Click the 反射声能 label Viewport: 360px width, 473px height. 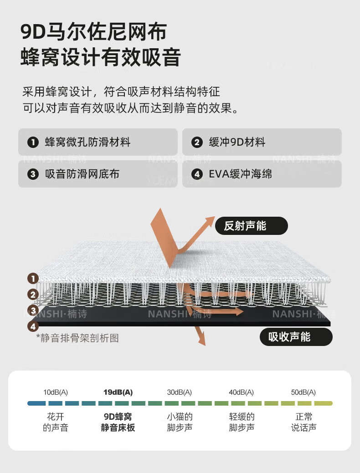(245, 226)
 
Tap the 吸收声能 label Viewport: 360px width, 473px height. (289, 337)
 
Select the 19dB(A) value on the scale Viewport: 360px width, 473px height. (118, 392)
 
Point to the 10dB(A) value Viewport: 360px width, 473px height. (56, 392)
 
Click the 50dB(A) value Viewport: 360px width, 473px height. (303, 392)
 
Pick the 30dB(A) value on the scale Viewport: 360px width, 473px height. (180, 392)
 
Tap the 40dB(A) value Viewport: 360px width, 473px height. (242, 392)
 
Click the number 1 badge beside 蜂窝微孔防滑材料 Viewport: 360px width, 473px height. (33, 142)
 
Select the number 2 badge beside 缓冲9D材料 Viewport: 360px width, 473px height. (197, 142)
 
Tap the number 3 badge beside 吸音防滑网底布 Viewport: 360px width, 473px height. (33, 174)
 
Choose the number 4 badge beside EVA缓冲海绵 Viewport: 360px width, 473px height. (197, 174)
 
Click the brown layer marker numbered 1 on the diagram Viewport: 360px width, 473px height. (32, 278)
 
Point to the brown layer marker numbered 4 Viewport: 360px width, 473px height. (32, 326)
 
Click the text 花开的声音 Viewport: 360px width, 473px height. (56, 422)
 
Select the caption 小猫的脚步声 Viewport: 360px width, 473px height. (180, 422)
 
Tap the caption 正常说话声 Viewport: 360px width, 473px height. (303, 422)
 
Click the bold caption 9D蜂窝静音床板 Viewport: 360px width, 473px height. (118, 422)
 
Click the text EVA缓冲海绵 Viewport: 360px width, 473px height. (240, 174)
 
